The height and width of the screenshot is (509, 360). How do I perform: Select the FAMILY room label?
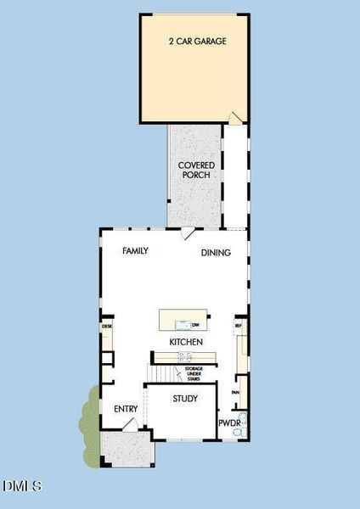[136, 251]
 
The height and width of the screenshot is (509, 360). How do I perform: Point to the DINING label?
[216, 252]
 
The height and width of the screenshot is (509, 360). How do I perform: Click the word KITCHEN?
[186, 342]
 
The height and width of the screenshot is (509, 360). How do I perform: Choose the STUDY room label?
[185, 399]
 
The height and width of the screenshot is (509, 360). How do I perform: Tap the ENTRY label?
[126, 410]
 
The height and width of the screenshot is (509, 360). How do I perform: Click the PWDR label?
[230, 422]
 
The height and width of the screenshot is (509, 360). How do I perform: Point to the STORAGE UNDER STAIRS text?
[200, 374]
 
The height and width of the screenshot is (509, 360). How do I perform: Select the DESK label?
[107, 326]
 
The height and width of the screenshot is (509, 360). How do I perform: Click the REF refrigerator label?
[239, 325]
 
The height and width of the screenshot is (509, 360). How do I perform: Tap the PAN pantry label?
[235, 393]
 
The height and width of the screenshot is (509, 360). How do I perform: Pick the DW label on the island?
[194, 325]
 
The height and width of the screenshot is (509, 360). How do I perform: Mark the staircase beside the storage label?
[160, 374]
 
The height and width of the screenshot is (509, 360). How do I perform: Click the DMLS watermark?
[22, 486]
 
